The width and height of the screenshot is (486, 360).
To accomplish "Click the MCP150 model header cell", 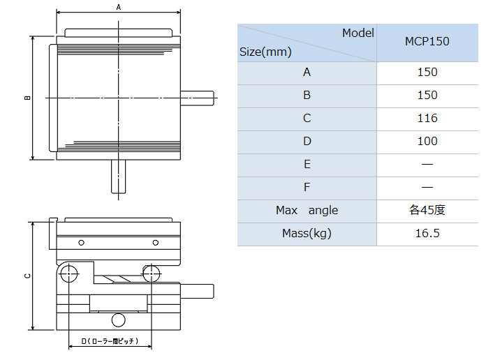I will (x=427, y=41).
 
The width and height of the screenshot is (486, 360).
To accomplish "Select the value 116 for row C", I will (x=427, y=118).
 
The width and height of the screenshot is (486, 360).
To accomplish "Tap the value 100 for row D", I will (x=427, y=141).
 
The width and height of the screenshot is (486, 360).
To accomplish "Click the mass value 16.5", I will (x=427, y=233).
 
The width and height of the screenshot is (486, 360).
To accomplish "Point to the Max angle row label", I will (x=307, y=210).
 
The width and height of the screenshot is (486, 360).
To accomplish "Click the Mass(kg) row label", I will (x=307, y=233).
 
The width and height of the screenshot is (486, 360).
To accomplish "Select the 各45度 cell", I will (x=427, y=210).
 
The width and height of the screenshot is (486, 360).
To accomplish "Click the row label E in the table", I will (x=307, y=164).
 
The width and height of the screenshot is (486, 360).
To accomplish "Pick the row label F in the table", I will (x=307, y=187).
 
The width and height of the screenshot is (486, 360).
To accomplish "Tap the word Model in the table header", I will (x=358, y=33).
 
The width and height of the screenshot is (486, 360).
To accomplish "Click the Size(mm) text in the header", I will (x=265, y=51).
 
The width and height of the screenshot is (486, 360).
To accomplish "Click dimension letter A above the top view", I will (x=119, y=7).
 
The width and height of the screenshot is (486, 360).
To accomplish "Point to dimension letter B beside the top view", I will (x=27, y=98).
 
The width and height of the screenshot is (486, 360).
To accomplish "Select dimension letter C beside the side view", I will (x=27, y=276).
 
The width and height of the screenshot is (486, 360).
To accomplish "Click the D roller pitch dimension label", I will (x=110, y=341).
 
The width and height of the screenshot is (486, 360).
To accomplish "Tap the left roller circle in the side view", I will (x=68, y=273).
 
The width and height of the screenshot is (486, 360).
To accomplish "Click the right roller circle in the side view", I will (x=152, y=273).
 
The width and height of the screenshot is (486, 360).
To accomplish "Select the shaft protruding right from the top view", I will (x=198, y=98).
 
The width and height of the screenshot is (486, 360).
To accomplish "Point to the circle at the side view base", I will (x=118, y=320).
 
